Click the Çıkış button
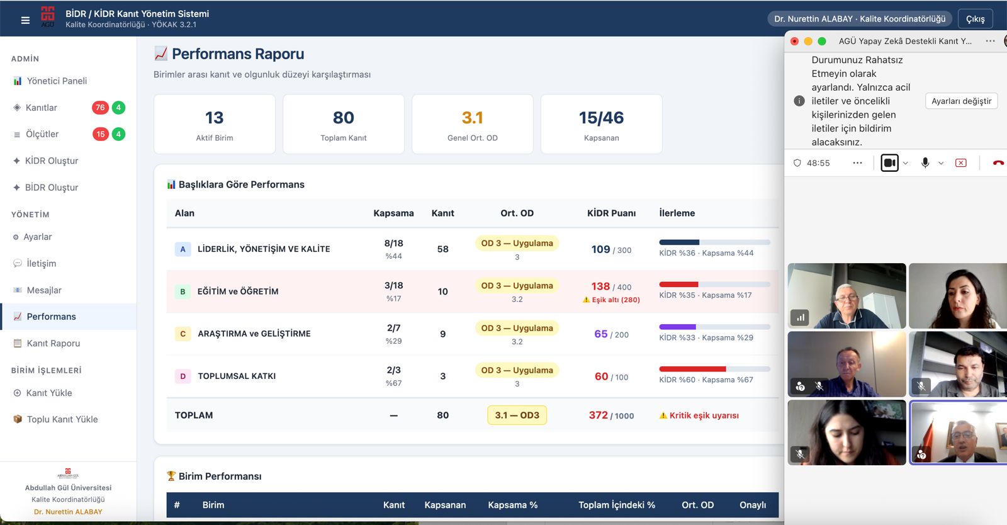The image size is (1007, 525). [x=975, y=19]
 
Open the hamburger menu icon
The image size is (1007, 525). [x=25, y=20]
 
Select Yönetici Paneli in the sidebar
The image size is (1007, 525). [x=57, y=81]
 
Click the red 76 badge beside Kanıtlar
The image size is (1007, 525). [x=100, y=108]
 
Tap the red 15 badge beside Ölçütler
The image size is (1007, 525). [x=100, y=134]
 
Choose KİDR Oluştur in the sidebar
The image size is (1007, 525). [x=51, y=161]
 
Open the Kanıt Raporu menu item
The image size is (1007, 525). [x=53, y=344]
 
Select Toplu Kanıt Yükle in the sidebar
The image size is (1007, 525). [x=62, y=419]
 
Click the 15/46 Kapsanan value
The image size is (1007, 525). [x=601, y=118]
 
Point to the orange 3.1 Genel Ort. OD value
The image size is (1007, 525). [x=472, y=118]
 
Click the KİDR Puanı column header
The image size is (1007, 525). [x=611, y=213]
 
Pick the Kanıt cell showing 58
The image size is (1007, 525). [x=443, y=249]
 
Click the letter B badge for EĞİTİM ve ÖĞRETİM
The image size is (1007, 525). [x=183, y=291]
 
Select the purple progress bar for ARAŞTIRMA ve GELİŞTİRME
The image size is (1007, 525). [x=677, y=327]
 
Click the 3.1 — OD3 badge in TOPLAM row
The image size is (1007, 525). [x=517, y=415]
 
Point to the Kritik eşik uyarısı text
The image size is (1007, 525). [x=704, y=415]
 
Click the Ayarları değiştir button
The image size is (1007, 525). [x=961, y=101]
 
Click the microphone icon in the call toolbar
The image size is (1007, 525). [x=925, y=162]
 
